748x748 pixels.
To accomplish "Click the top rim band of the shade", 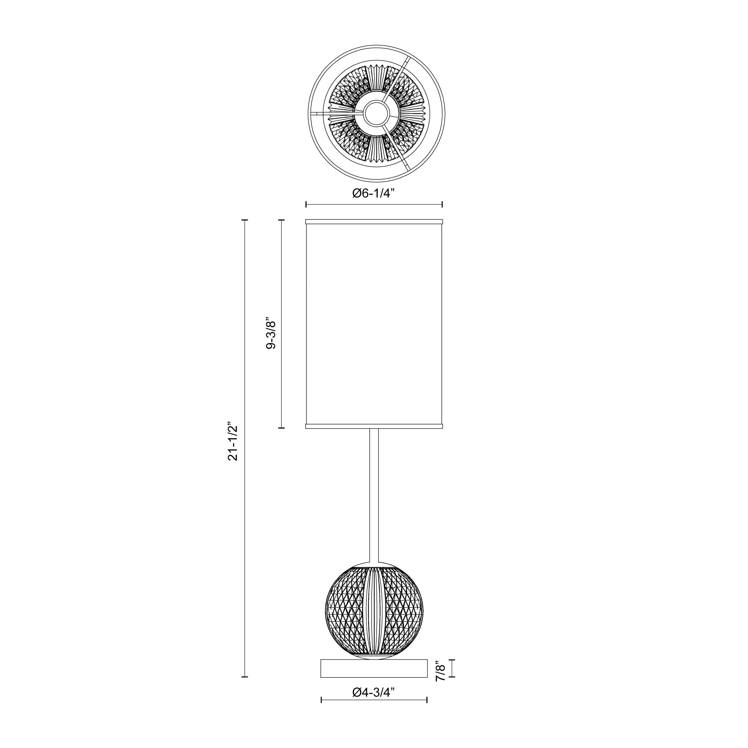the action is click(x=374, y=222).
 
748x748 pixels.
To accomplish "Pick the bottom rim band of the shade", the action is click(x=374, y=426).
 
